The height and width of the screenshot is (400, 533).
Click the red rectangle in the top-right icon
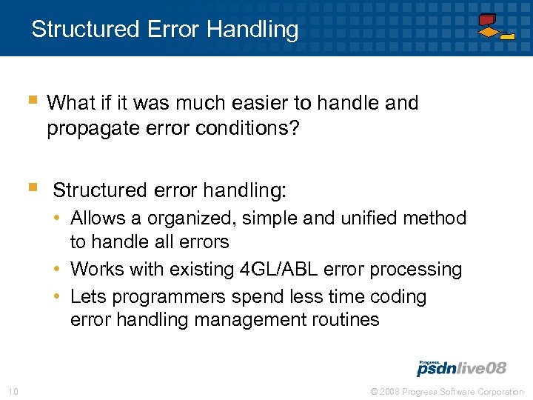tap(486, 20)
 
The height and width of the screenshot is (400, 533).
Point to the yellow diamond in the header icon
tap(488, 33)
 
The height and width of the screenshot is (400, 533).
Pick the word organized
tap(190, 219)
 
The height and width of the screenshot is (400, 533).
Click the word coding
tap(399, 297)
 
